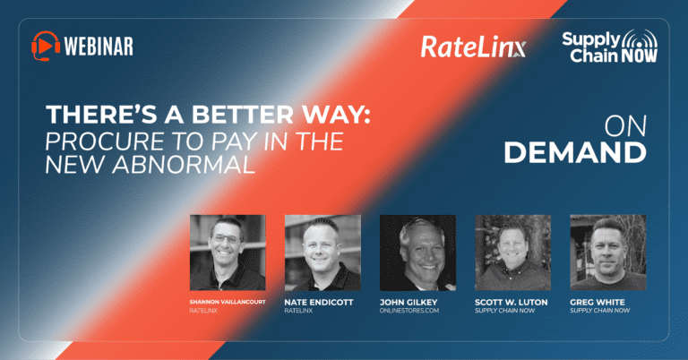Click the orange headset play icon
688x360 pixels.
coord(46,46)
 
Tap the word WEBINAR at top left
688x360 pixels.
coord(99,46)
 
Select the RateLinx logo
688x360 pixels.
coord(473,47)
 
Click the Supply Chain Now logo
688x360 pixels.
coord(610,46)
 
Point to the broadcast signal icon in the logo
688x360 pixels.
coord(640,39)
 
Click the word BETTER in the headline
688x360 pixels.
coord(243,115)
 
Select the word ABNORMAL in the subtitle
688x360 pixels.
coord(184,165)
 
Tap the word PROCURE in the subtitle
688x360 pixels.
coord(106,141)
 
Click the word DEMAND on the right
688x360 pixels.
coord(575,152)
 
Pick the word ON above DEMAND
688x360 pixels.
coord(625,127)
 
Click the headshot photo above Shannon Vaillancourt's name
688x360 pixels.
coord(228,253)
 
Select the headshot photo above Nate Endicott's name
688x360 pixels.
coord(322,253)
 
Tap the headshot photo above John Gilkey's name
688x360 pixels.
coord(417,253)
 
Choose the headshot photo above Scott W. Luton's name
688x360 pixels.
coord(513,253)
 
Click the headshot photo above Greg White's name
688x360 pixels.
coord(608,253)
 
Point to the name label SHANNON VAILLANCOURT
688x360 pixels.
coord(228,302)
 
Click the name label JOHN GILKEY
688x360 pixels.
coord(408,302)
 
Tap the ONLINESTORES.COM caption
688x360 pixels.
coord(409,311)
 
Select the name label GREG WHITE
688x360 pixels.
coord(598,302)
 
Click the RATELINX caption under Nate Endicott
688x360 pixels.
coord(298,311)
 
